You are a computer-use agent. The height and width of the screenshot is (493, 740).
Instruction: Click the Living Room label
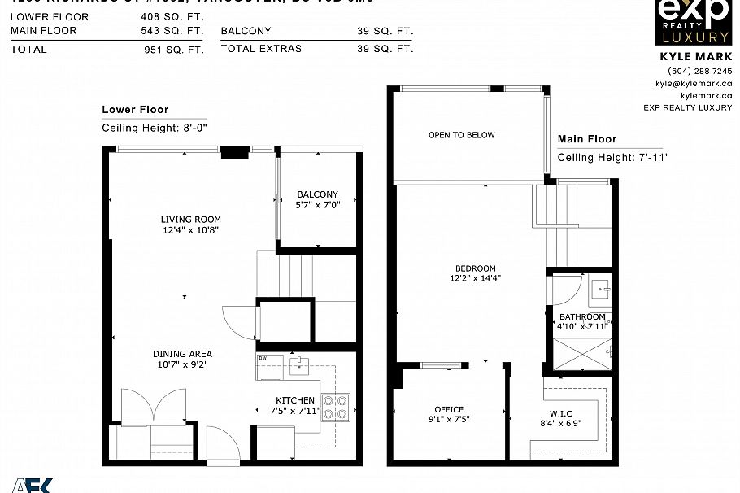[x=190, y=220]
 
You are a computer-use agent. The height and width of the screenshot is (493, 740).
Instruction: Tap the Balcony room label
[x=317, y=194]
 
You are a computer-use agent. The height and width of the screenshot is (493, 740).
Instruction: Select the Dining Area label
[x=182, y=354]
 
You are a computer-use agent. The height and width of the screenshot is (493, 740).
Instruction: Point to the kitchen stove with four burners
[x=336, y=406]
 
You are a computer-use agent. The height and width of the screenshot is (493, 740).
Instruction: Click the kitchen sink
[x=299, y=364]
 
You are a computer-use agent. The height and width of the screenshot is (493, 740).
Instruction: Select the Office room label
[x=449, y=410]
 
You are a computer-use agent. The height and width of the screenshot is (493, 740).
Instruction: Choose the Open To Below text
[x=461, y=135]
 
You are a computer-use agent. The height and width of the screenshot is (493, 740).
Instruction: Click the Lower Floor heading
[x=135, y=110]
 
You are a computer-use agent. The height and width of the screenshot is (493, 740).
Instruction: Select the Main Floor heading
[x=587, y=139]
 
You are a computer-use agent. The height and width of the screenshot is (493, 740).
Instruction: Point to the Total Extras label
[x=261, y=49]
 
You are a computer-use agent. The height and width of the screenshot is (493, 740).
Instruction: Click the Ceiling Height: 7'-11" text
[x=612, y=158]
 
